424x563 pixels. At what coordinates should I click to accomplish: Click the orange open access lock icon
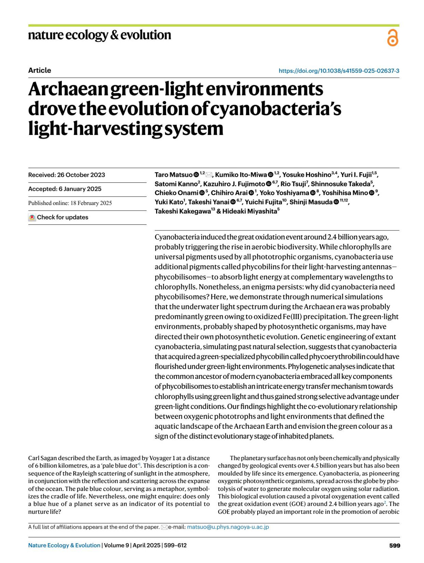coord(393,38)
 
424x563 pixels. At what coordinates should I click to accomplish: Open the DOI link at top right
coord(339,71)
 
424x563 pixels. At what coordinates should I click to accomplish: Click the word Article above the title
coord(40,70)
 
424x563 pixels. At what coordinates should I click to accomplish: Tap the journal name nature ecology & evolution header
coord(100,35)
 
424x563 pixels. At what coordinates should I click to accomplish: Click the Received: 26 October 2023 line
coord(66,175)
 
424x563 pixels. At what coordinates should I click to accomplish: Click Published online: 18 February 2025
coord(70,203)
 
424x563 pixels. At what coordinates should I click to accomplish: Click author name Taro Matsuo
coord(173,175)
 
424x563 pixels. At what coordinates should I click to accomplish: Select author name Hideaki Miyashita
coord(249,211)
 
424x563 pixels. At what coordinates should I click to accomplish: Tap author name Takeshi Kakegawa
coord(182,211)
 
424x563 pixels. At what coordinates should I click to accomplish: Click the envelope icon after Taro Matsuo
coord(209,175)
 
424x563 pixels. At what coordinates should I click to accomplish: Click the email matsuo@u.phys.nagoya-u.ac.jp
coord(228,527)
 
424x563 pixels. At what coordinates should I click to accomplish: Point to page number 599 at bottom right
coord(394,546)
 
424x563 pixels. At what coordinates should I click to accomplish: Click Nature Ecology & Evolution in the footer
coord(64,545)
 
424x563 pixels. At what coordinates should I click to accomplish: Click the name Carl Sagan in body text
coord(42,458)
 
